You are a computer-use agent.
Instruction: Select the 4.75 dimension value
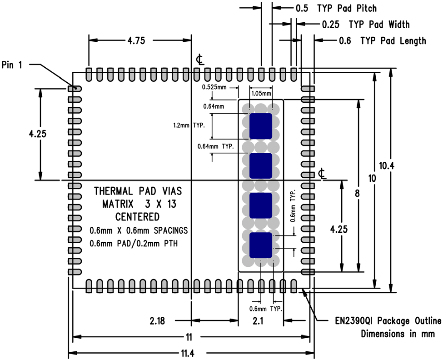[136, 40]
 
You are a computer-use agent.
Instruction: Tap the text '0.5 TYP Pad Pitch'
[336, 8]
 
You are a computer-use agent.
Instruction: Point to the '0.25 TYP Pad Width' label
[365, 24]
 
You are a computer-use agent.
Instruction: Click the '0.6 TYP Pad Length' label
[382, 40]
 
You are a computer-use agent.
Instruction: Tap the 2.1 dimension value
[261, 321]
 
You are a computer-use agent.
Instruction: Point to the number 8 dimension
[358, 194]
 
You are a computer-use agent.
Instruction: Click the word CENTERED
[138, 215]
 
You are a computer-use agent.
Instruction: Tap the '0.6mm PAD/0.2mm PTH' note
[134, 243]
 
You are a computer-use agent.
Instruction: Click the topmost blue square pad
[261, 126]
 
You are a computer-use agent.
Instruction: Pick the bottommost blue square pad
[261, 245]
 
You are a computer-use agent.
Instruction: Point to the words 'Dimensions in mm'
[398, 334]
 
